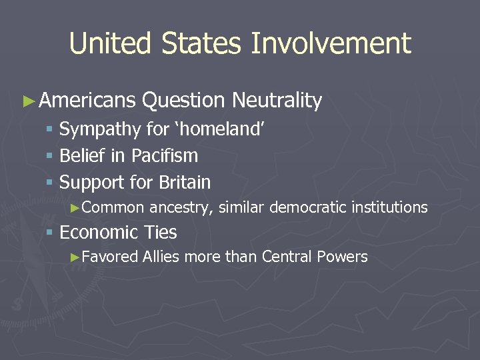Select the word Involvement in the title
click(331, 44)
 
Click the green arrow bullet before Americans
click(27, 101)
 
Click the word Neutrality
click(277, 101)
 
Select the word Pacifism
click(165, 156)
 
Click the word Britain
click(185, 182)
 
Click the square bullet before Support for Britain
click(49, 183)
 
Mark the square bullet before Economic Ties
click(49, 233)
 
